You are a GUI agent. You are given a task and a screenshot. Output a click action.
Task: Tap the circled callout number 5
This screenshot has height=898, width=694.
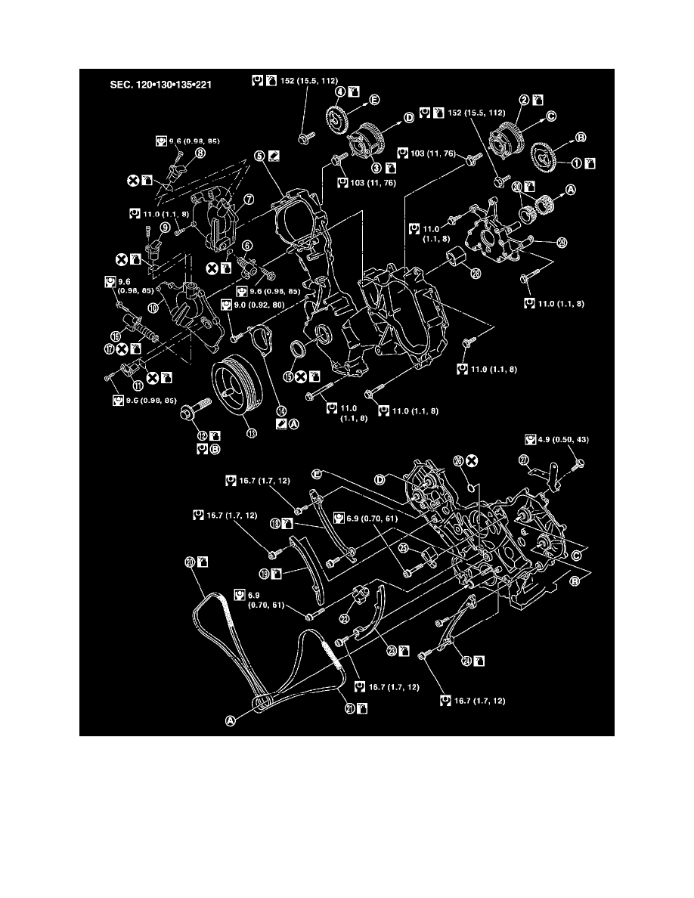pyautogui.click(x=259, y=156)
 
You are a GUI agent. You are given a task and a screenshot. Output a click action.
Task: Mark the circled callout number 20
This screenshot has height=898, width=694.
pyautogui.click(x=189, y=562)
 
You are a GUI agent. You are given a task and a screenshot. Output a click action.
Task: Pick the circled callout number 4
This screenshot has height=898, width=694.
pyautogui.click(x=340, y=92)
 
